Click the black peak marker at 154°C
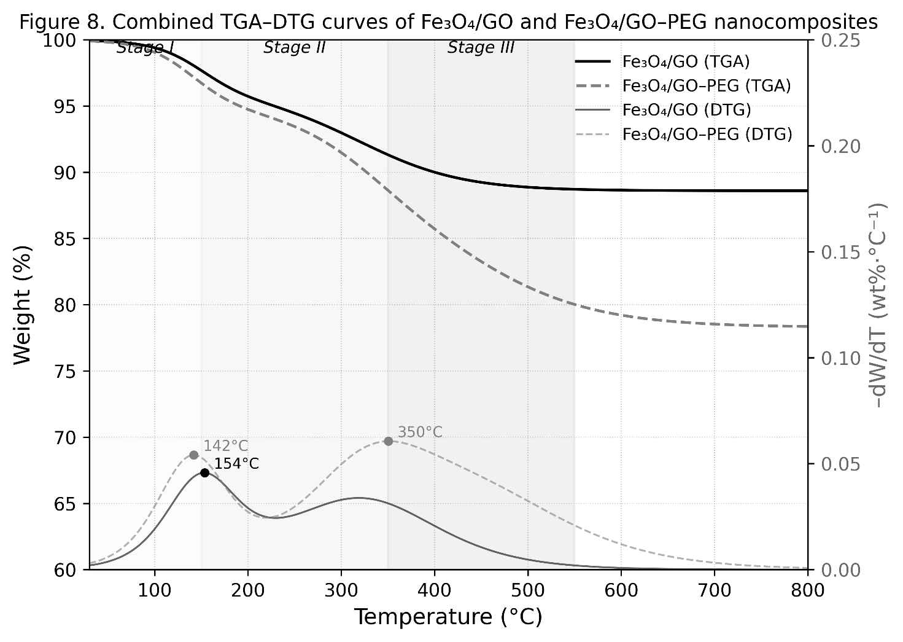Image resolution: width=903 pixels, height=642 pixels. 204,472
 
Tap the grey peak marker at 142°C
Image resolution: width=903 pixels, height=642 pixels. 194,455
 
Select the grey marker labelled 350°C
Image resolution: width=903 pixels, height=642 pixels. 388,441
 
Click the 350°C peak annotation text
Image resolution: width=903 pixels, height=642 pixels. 420,433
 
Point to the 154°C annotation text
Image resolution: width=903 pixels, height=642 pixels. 236,464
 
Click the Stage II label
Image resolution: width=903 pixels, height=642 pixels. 294,48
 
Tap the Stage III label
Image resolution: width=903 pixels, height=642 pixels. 481,48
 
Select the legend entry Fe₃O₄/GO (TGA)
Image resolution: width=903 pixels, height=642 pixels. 686,61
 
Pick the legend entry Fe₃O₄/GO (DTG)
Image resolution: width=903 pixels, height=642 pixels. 686,110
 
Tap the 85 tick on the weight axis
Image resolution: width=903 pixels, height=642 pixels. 69,239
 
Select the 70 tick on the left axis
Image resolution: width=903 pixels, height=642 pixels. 69,438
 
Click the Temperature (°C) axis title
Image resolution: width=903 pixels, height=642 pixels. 448,617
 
